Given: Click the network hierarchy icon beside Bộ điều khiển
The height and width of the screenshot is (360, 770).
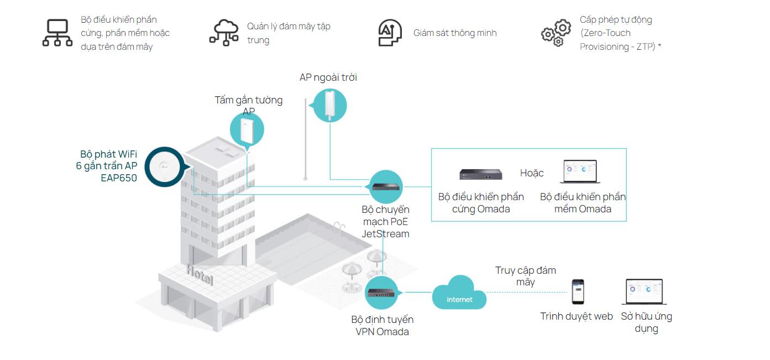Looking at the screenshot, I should (57, 33).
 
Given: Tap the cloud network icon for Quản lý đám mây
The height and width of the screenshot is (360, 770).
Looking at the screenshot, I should (223, 33).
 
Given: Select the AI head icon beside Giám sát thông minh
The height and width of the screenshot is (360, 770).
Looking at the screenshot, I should (390, 33).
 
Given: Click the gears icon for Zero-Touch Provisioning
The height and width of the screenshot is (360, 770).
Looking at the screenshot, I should (556, 33).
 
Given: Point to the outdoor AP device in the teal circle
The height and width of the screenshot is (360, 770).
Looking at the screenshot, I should (330, 105).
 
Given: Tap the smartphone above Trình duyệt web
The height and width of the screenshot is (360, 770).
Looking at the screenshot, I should (577, 291).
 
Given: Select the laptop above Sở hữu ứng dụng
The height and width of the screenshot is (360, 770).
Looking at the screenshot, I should (643, 293).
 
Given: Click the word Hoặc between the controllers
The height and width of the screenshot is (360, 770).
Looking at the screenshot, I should (532, 173).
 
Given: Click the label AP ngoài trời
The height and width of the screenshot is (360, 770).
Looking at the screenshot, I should (328, 77).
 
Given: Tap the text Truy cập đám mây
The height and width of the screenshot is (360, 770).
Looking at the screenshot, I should (525, 276).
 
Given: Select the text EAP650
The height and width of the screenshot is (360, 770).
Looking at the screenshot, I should (119, 178).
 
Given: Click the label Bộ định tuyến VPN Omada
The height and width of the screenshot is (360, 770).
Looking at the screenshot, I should (382, 326).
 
